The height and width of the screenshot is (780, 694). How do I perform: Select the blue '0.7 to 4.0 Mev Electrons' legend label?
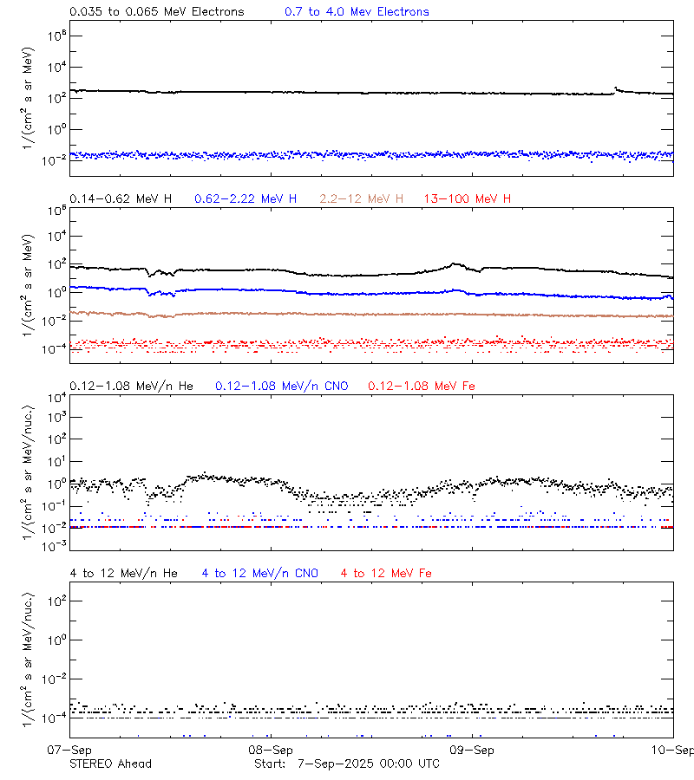357,12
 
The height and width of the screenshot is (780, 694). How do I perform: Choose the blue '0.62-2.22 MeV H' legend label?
246,199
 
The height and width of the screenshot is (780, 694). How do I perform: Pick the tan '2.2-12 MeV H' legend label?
362,199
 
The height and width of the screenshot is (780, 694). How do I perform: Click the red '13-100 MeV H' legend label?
468,199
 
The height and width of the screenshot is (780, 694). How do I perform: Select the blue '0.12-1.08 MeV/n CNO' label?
282,386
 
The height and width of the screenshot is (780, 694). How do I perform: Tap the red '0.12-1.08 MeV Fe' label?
422,386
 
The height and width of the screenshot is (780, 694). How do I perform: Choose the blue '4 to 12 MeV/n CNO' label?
259,573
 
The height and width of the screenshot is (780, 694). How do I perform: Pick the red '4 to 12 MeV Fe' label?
386,573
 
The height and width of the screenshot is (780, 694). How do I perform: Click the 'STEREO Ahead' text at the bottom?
110,764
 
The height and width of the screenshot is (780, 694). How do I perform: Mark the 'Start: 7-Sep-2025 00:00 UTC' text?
347,764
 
